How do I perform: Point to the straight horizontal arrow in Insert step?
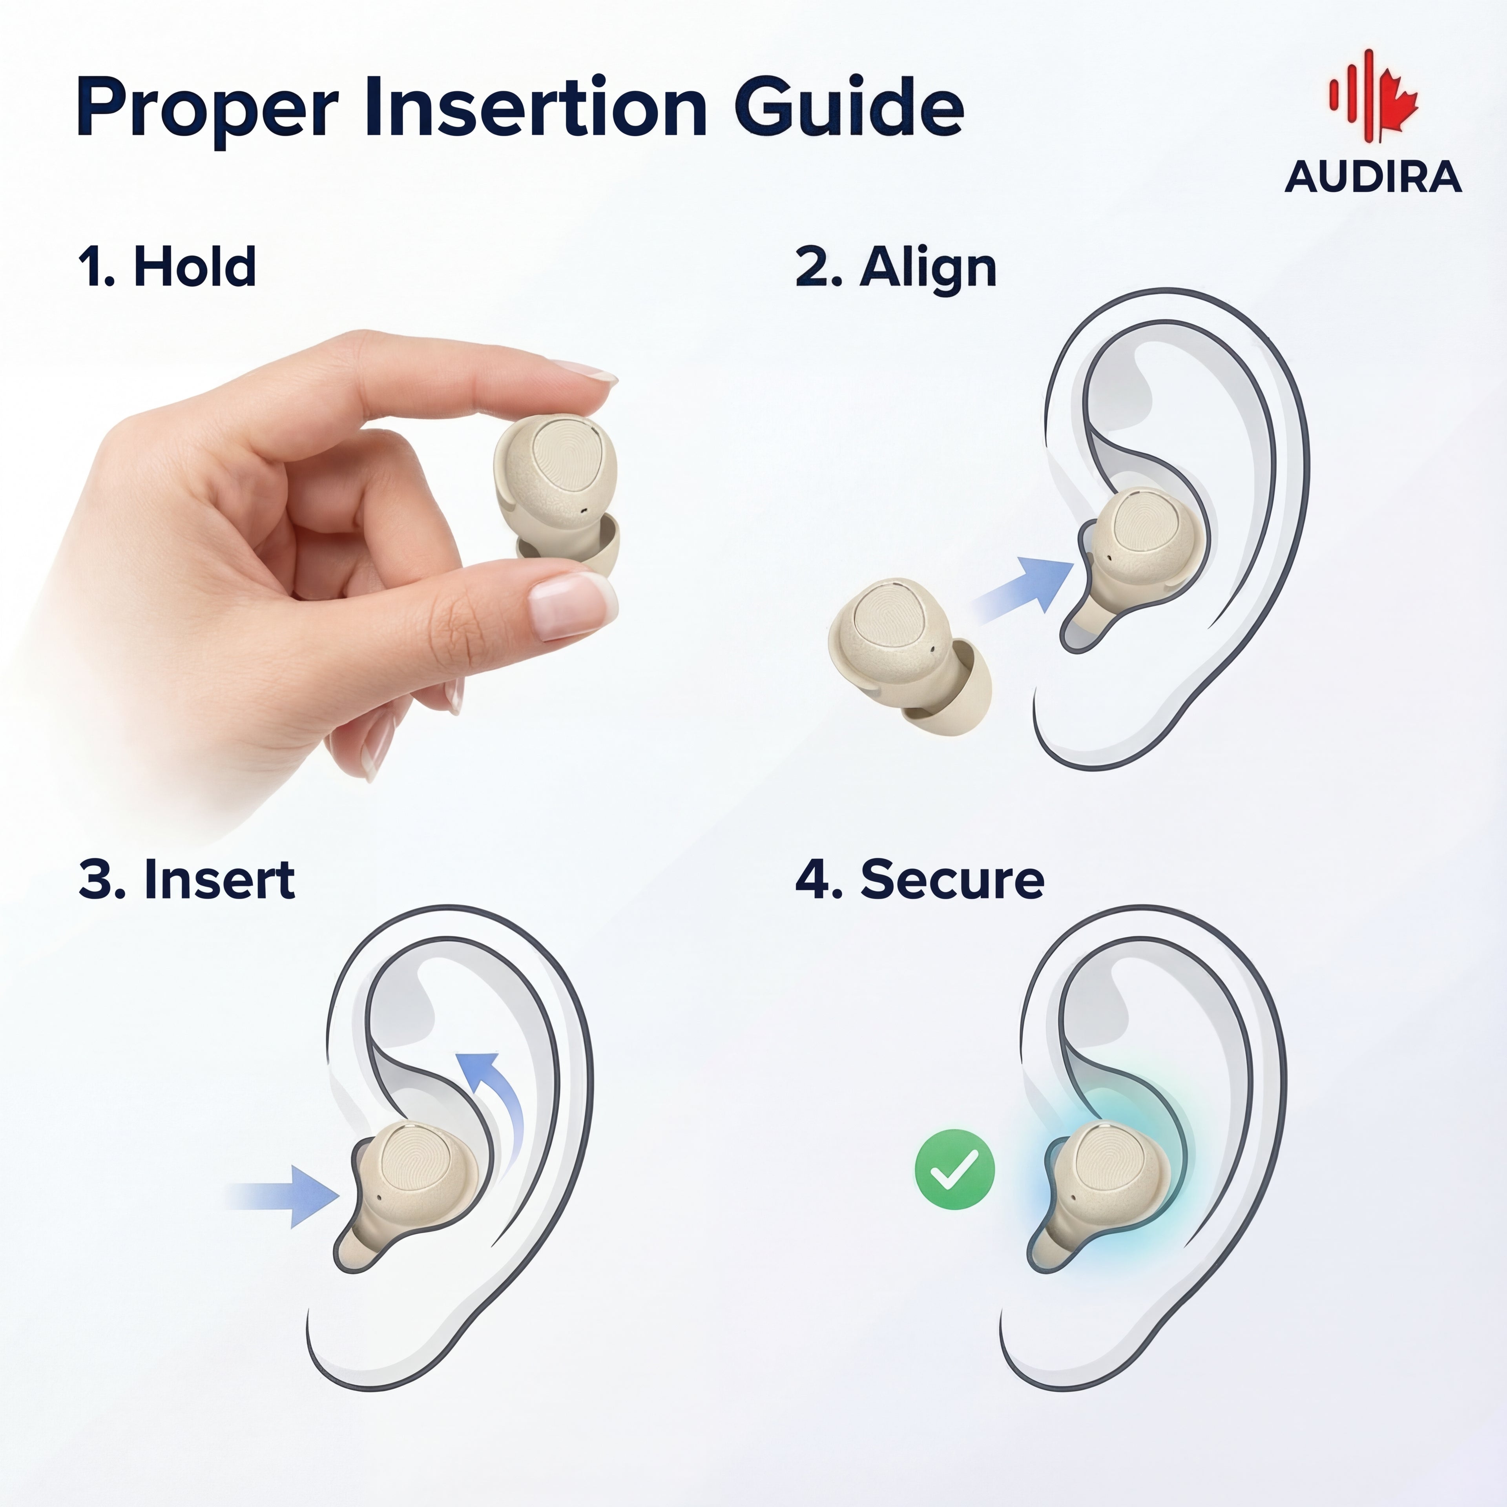(x=285, y=1196)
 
